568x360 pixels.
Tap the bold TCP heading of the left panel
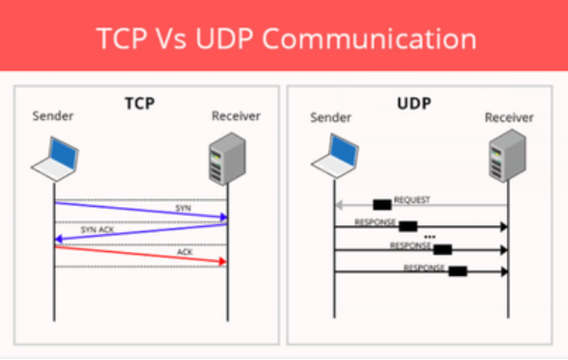pos(140,103)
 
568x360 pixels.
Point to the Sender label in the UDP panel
pos(329,117)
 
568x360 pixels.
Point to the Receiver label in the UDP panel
pos(509,117)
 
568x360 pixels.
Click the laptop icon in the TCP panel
pos(55,157)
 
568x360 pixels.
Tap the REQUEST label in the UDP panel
pos(411,200)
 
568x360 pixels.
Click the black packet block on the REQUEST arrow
pos(382,204)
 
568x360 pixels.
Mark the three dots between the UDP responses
pos(429,237)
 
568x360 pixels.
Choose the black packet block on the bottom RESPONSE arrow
pos(457,270)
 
